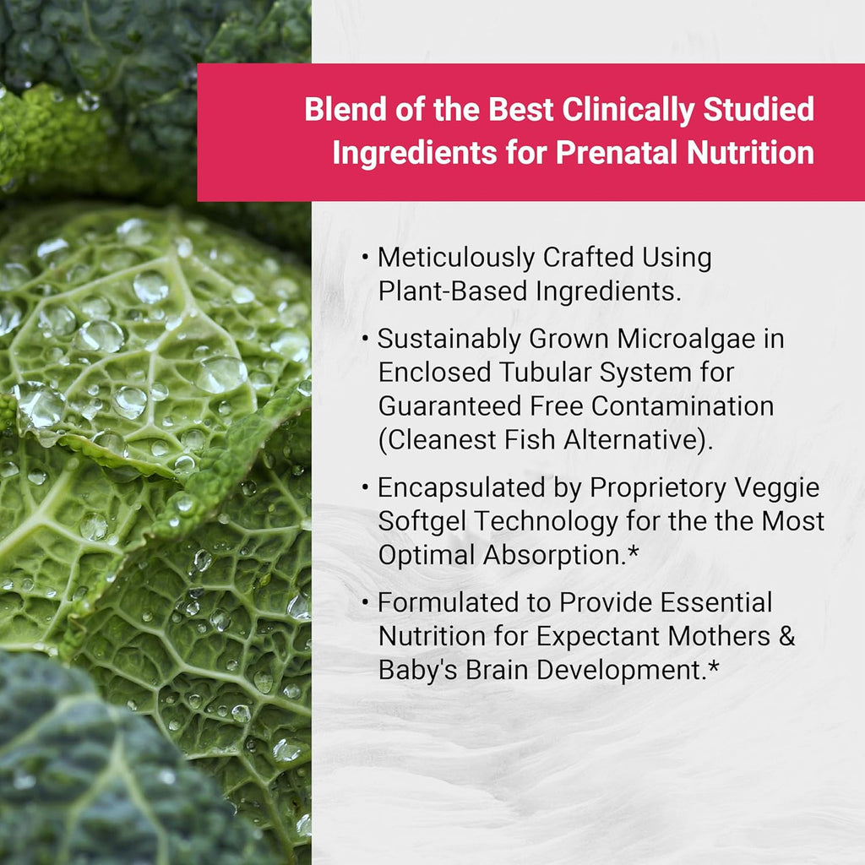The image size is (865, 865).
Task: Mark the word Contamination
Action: coord(683,405)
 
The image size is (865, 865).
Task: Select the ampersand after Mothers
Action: coord(786,636)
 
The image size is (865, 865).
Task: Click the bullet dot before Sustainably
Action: coord(364,339)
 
